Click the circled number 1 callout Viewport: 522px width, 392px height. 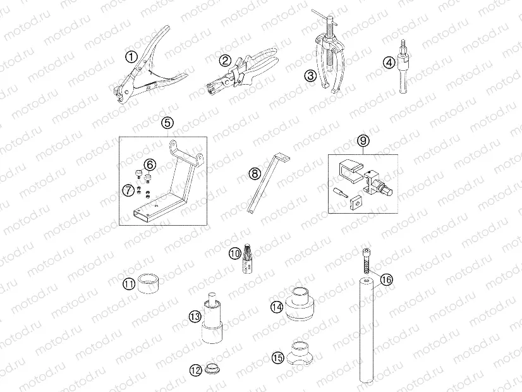[x=131, y=57]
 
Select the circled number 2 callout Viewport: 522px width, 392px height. [x=225, y=61]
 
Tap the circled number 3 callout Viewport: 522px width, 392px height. [x=310, y=76]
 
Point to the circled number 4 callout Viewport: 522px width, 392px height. [x=389, y=62]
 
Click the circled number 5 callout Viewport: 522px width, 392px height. [x=167, y=124]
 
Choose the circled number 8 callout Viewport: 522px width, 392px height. [x=254, y=172]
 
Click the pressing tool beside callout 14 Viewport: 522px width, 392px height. [x=301, y=305]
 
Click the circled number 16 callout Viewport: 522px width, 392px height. [x=387, y=279]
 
